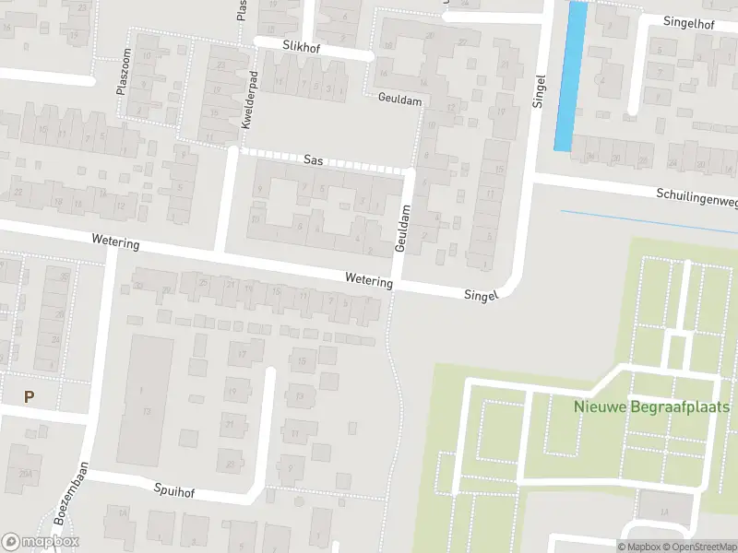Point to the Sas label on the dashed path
pos(314,159)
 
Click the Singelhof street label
pos(688,22)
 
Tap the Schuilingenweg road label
pos(697,196)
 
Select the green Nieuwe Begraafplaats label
pos(651,406)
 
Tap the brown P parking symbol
pos(29,396)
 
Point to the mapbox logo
pos(41,542)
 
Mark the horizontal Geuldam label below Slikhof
pos(399,97)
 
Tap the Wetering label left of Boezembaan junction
pos(115,242)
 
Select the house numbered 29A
pos(27,475)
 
